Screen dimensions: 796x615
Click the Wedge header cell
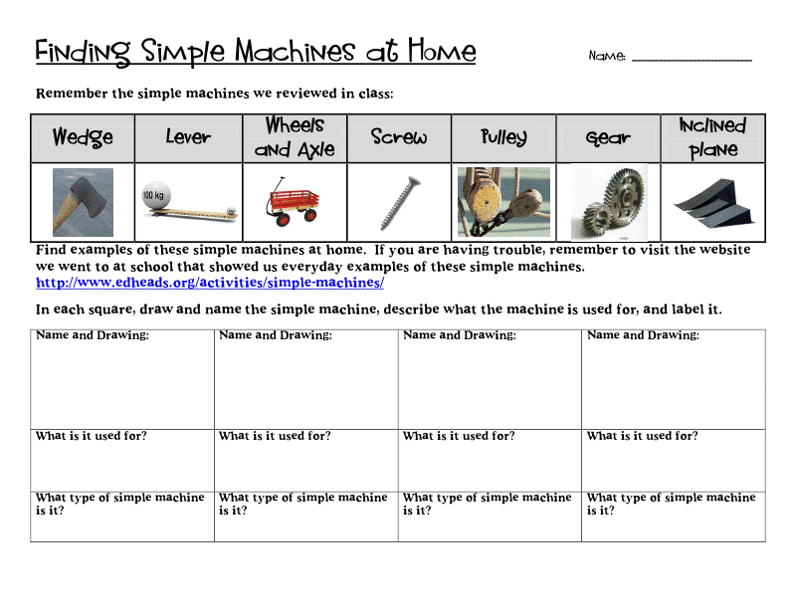(83, 137)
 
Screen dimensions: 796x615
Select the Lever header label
(188, 137)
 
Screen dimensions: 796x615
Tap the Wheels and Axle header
(295, 137)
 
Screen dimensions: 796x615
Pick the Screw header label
(398, 137)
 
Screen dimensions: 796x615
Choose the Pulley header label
(503, 137)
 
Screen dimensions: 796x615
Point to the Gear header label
(608, 138)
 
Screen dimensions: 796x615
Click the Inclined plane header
(712, 137)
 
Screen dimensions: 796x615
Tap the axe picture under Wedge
(83, 202)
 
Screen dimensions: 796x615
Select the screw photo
(398, 202)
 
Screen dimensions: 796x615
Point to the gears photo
(608, 203)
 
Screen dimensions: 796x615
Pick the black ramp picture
(712, 203)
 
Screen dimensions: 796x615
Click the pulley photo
(503, 202)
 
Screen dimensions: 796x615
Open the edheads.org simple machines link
(210, 283)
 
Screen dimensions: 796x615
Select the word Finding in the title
(84, 52)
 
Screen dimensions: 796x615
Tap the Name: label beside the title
(607, 56)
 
